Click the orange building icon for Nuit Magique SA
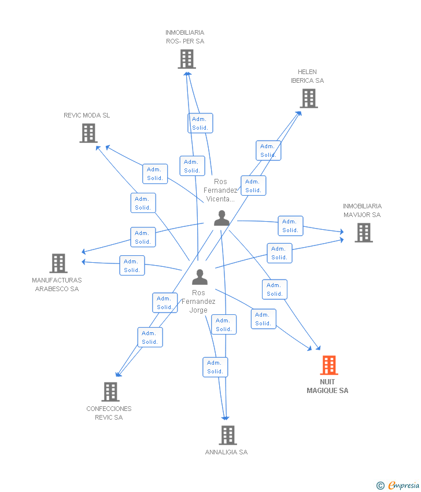tap(329, 365)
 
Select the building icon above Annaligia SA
tap(228, 435)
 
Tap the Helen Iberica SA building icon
tap(309, 98)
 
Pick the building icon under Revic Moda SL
tap(88, 133)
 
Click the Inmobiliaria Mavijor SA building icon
tap(364, 233)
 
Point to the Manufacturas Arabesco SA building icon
tap(58, 263)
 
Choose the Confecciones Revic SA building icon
tap(110, 392)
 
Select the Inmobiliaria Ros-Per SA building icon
tap(187, 59)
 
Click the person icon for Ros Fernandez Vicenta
tap(221, 218)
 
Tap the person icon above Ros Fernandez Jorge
tap(200, 277)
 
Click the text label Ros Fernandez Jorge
tap(198, 301)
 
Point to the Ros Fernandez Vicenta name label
tap(220, 190)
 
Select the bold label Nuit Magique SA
tap(327, 386)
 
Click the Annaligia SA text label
tap(226, 452)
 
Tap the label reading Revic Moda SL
tap(87, 115)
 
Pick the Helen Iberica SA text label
tap(307, 76)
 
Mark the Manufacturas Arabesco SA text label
tap(57, 285)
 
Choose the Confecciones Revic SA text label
tap(109, 413)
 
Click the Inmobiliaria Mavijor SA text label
tap(362, 211)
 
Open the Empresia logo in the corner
tap(397, 486)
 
